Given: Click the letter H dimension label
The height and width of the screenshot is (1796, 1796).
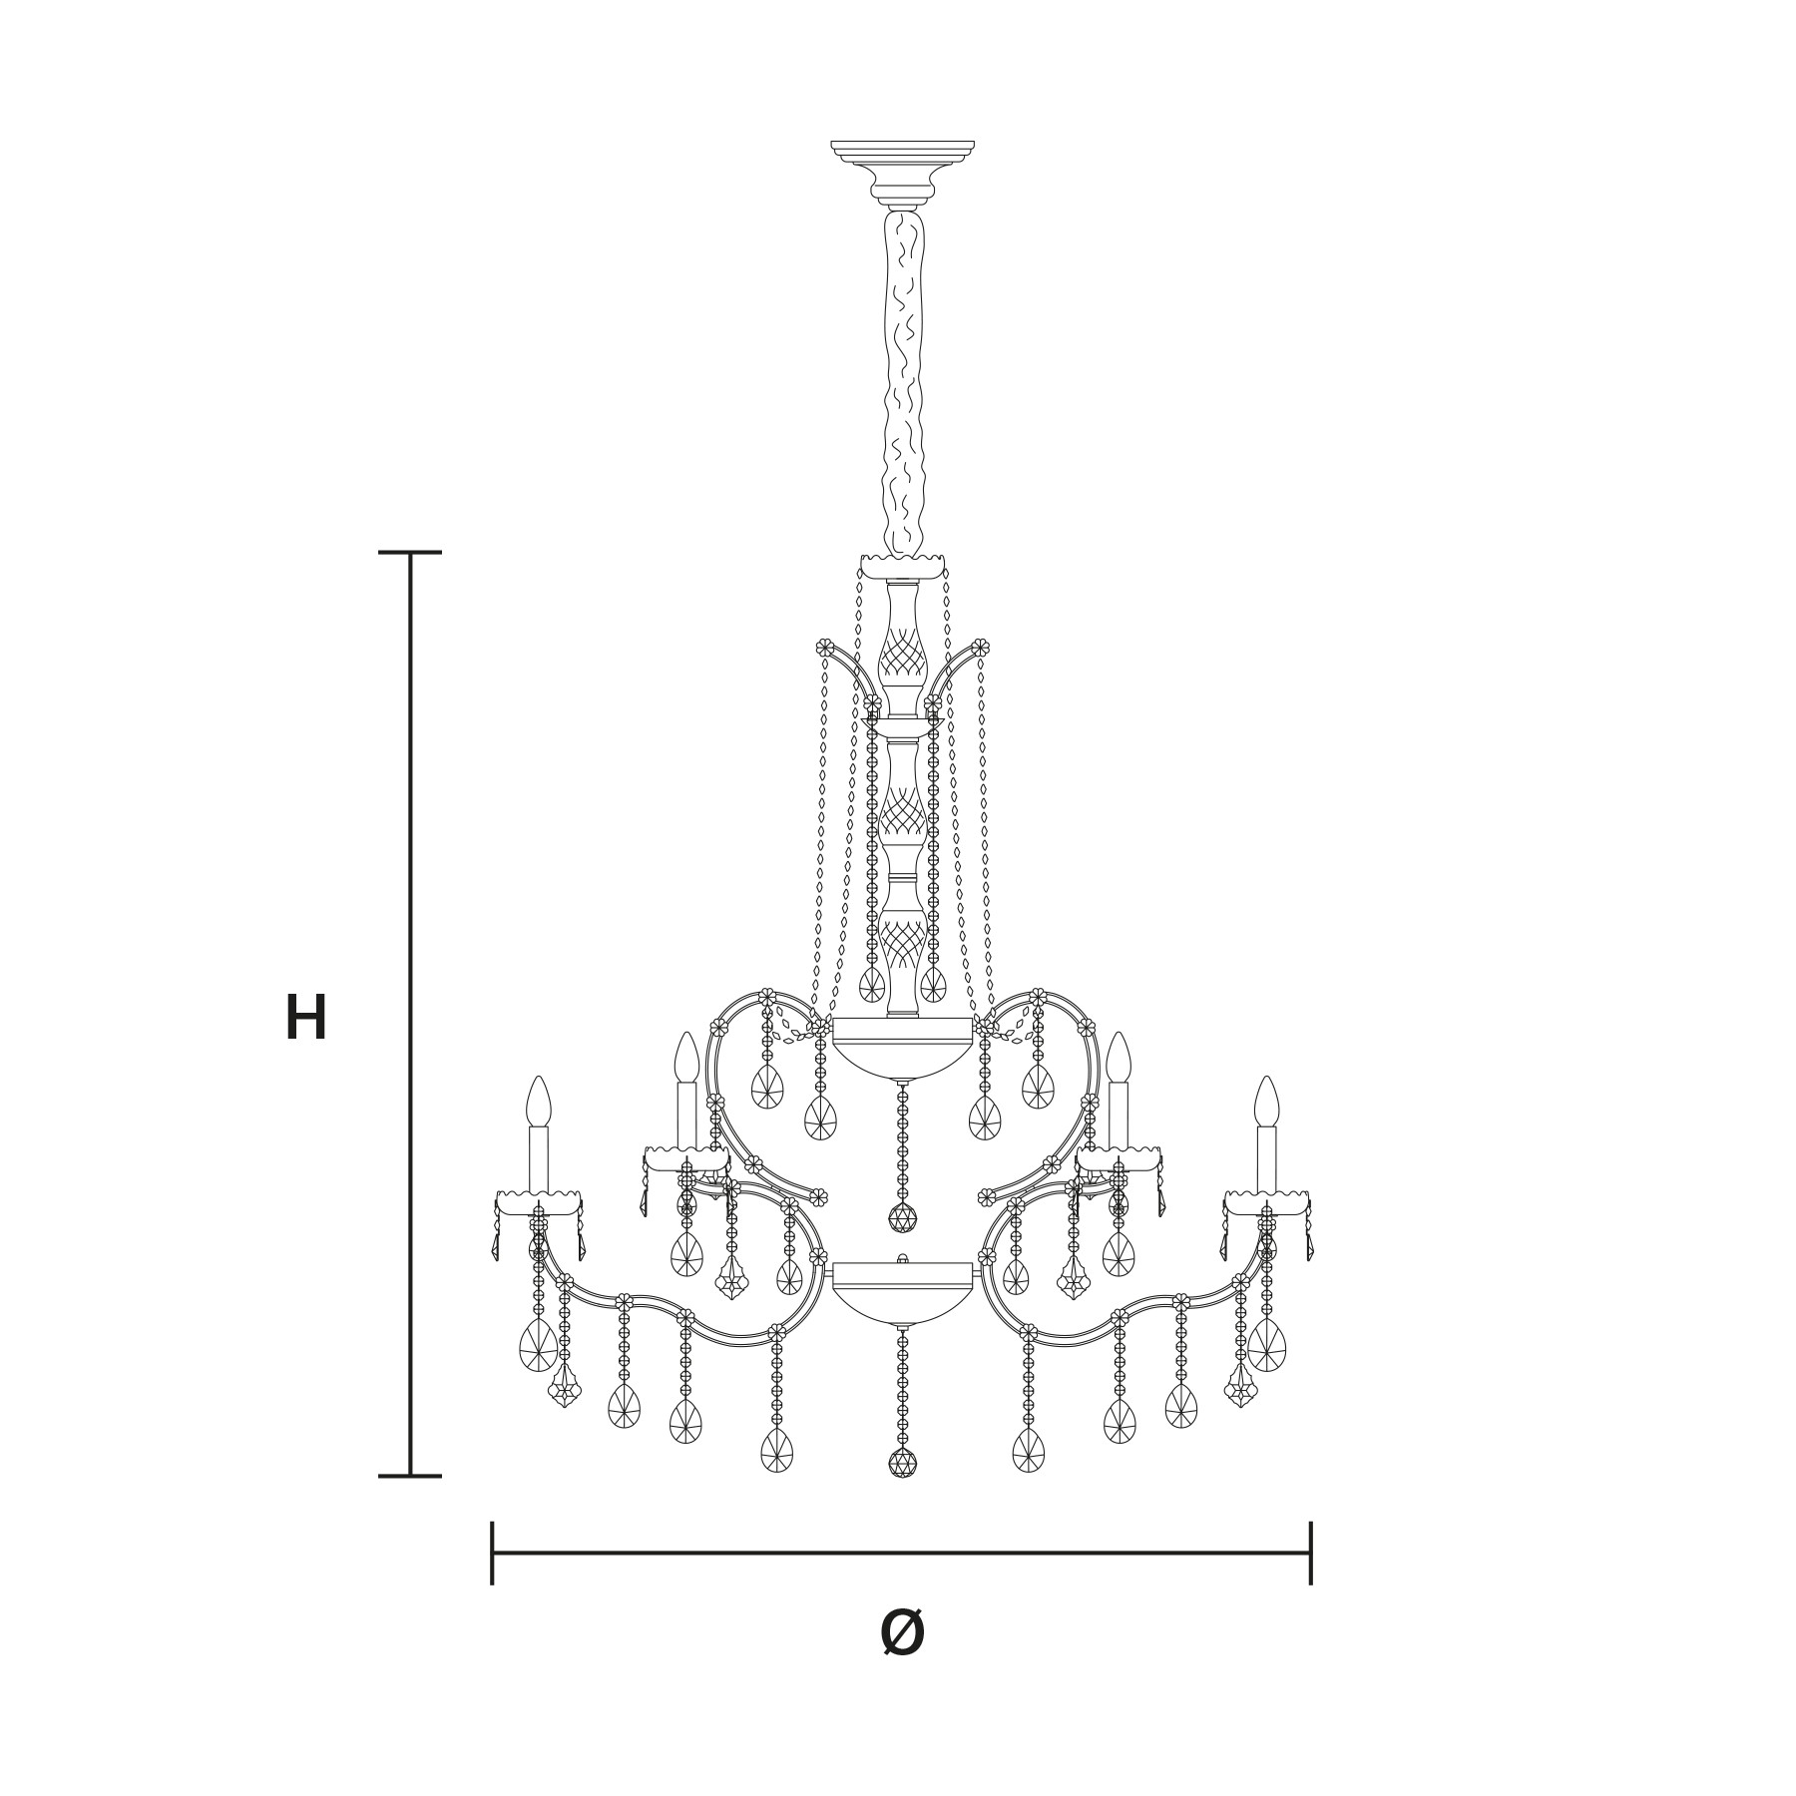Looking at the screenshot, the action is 306,1019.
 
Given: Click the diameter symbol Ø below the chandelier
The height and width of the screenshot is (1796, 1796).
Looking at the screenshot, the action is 903,1633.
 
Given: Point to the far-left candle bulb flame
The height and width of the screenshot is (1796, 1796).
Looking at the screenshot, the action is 539,1102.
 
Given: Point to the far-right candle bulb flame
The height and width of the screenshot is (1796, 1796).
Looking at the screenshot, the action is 1267,1102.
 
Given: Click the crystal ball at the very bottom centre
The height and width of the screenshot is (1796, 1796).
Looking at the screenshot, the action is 902,1464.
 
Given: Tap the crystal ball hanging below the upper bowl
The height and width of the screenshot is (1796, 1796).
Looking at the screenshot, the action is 902,1217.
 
